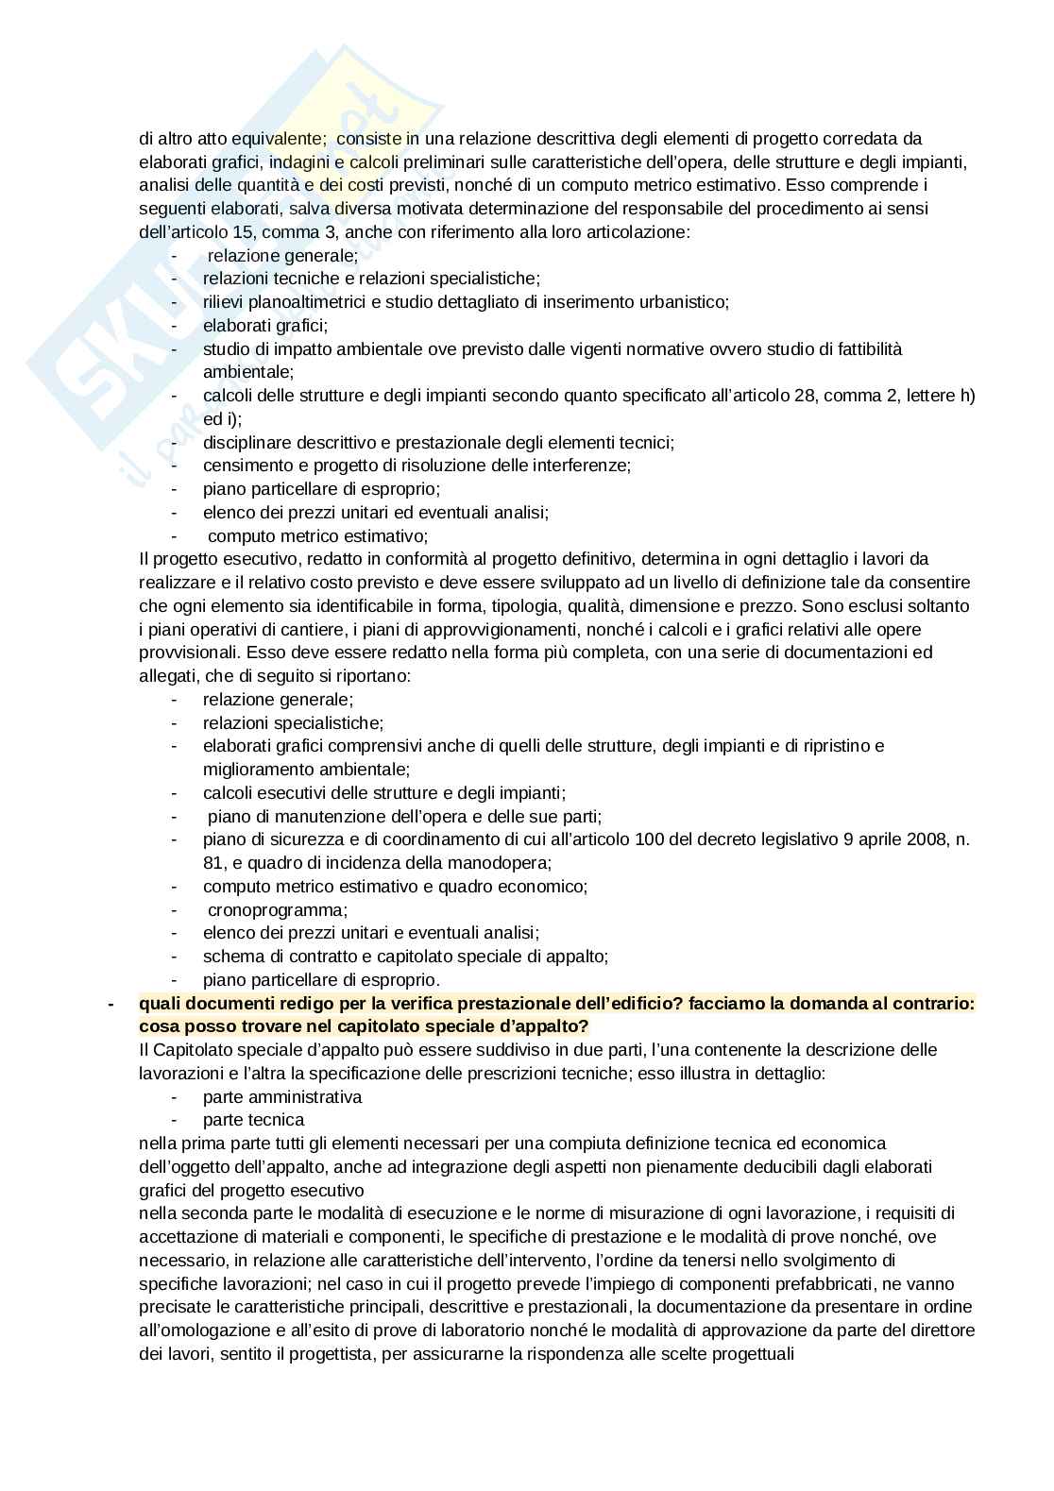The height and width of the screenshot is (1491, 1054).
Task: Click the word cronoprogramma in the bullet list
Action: click(x=277, y=910)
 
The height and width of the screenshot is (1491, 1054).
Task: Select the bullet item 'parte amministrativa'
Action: click(x=282, y=1097)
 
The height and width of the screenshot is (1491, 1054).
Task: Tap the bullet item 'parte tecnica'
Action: click(x=253, y=1120)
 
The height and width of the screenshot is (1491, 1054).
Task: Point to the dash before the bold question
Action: click(x=112, y=1004)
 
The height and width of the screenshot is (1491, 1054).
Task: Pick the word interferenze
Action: click(x=572, y=466)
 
